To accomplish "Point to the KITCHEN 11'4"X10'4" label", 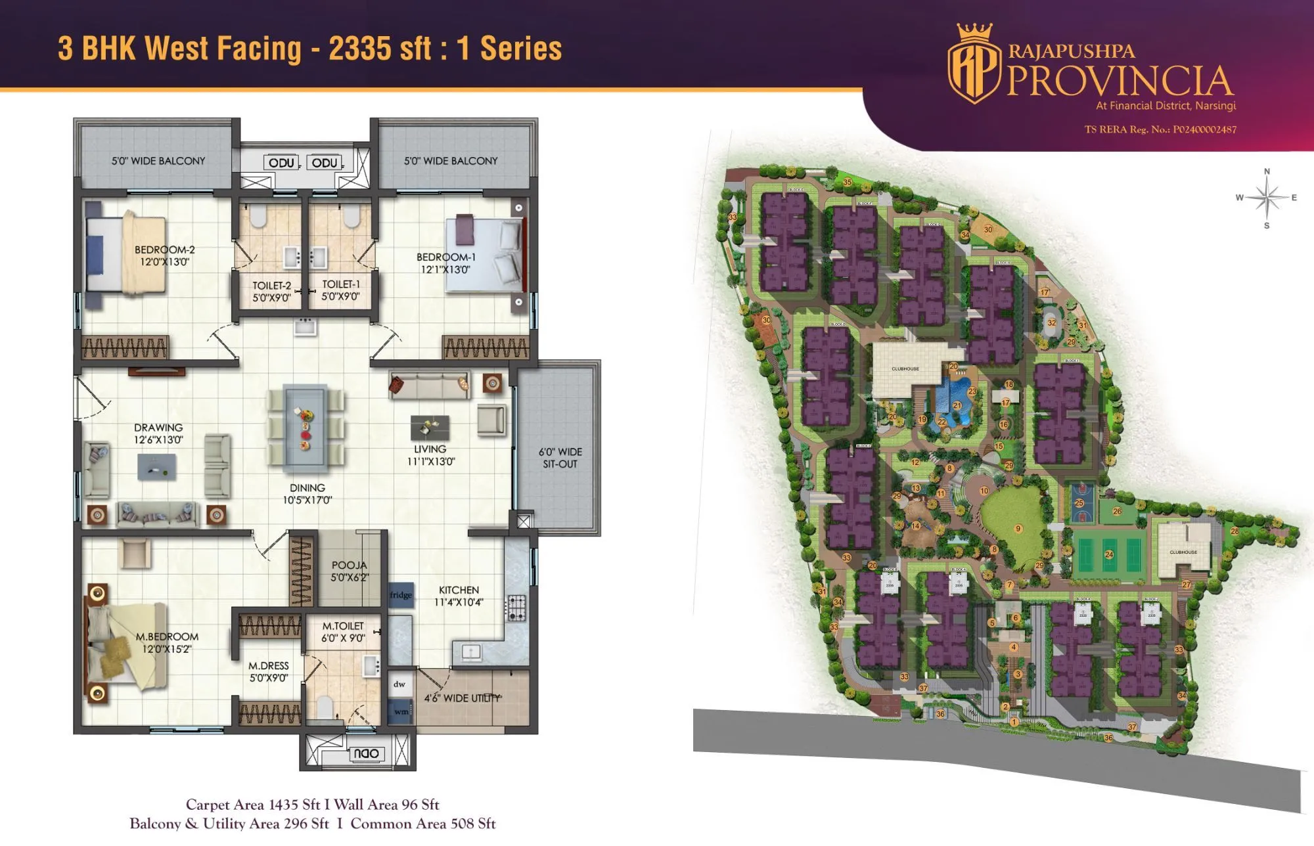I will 459,596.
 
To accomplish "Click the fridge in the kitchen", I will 401,595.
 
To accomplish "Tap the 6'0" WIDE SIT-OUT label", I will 560,458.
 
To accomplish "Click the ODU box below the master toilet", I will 366,753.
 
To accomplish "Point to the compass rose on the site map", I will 1267,198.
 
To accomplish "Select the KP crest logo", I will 973,64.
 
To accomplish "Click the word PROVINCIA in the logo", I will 1120,81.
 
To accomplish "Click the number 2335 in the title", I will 380,49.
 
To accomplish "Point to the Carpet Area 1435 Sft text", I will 253,805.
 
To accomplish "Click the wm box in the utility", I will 400,711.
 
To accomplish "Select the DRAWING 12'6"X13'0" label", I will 158,434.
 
